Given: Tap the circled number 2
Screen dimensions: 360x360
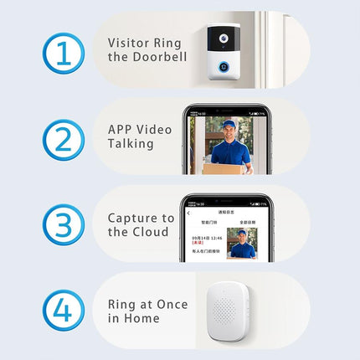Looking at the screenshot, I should [64, 139].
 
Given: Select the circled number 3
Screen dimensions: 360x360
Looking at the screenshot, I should [64, 225].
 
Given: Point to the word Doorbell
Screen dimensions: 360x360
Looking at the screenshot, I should [152, 57].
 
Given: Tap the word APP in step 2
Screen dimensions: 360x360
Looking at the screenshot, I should [121, 129].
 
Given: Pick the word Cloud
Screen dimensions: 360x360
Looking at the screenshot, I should [152, 232].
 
